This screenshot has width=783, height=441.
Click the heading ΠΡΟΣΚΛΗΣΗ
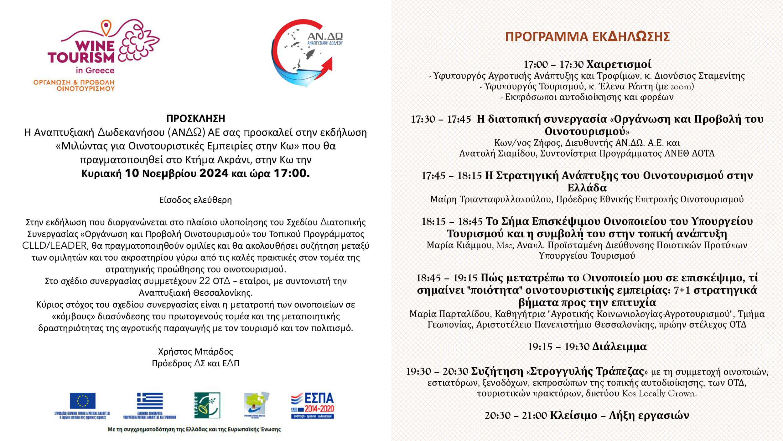point(195,119)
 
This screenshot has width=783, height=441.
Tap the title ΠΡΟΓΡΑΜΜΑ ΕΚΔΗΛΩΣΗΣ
point(587,37)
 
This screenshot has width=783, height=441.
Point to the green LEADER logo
point(207,405)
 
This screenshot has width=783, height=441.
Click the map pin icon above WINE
point(106,27)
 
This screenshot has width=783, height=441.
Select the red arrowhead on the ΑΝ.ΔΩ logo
point(327,65)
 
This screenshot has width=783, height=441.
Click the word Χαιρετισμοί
point(619,64)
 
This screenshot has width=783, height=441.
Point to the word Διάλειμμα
point(619,347)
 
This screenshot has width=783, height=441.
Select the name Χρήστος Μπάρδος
point(195,351)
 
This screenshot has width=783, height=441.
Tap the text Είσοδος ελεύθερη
point(195,200)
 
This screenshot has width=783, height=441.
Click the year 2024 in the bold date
point(214,173)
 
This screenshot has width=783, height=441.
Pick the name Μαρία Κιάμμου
point(460,245)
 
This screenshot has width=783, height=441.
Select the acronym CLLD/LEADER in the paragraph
point(54,246)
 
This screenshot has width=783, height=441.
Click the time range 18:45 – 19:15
point(447,278)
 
